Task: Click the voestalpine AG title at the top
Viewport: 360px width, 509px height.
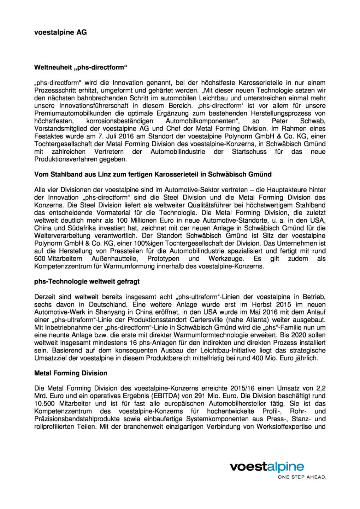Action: coord(60,32)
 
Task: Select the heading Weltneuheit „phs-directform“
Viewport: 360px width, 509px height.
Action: coord(81,67)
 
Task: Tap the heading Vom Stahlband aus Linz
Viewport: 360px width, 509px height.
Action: coord(153,174)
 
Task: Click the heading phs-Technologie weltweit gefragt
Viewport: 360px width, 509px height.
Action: coord(87,281)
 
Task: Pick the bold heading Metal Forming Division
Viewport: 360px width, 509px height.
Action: coord(71,373)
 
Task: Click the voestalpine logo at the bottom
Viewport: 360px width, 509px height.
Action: coord(267,467)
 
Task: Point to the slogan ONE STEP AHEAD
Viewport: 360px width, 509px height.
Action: coord(302,477)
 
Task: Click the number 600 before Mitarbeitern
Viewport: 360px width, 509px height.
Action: coord(40,258)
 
